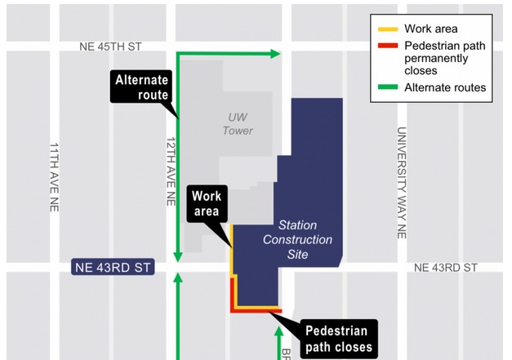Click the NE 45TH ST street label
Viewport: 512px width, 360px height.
(x=110, y=47)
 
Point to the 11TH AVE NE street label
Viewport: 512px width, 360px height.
(x=54, y=177)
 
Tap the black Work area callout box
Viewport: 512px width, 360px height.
(x=208, y=203)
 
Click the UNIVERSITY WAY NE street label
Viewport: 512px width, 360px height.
(x=401, y=182)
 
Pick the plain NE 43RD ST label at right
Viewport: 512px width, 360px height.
(x=445, y=268)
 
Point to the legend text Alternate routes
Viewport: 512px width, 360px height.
(x=445, y=87)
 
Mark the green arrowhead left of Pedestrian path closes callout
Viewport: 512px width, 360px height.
(x=278, y=331)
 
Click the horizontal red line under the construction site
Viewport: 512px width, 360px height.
(x=256, y=310)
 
